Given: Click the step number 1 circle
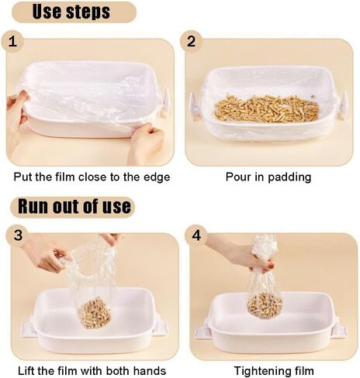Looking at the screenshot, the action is point(12,42).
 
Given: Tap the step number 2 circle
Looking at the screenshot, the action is point(191,41).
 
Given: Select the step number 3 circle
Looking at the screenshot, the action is point(18,235).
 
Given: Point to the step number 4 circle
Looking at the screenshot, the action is point(196,235).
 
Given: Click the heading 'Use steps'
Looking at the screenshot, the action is point(71,12).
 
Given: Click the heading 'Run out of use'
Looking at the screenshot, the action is point(74,206).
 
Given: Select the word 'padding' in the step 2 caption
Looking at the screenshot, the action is point(289,177).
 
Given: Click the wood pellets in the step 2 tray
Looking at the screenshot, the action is point(267,108).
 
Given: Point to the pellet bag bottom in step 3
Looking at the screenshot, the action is point(95,312).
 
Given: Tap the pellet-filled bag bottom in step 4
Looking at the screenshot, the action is point(265,305).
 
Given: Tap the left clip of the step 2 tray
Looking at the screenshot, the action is point(194,106).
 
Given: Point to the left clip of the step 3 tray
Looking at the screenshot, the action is point(28,327).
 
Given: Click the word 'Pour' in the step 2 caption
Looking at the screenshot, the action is point(237,177).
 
